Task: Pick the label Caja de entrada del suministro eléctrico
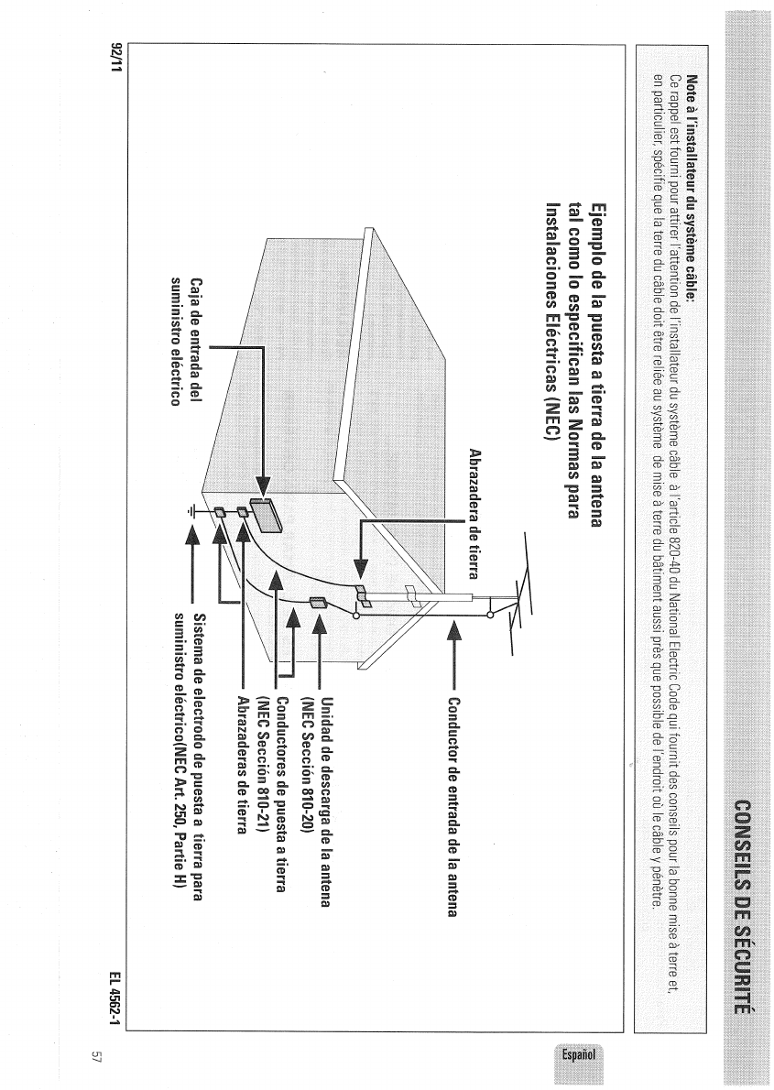183,344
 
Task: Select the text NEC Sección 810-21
261,765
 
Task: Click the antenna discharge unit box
318,603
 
